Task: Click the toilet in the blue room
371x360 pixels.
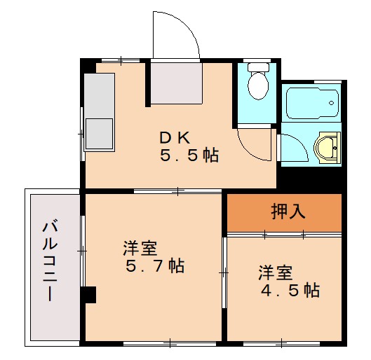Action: [257, 85]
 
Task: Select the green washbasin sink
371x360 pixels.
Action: [327, 148]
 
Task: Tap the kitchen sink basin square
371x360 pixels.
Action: [99, 133]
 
